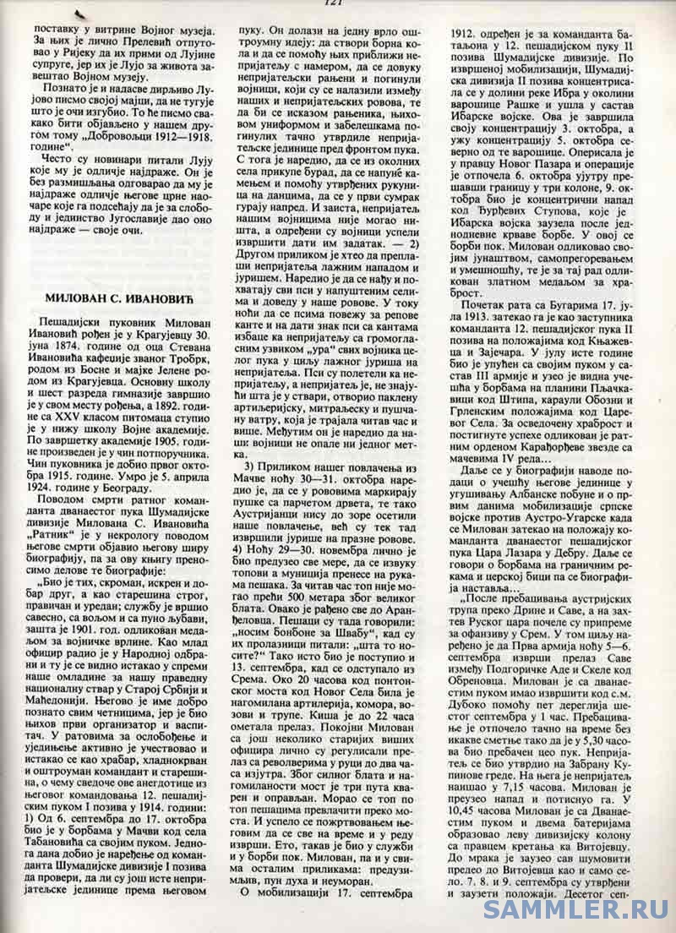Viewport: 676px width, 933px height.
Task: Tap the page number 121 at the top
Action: tap(335, 4)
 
